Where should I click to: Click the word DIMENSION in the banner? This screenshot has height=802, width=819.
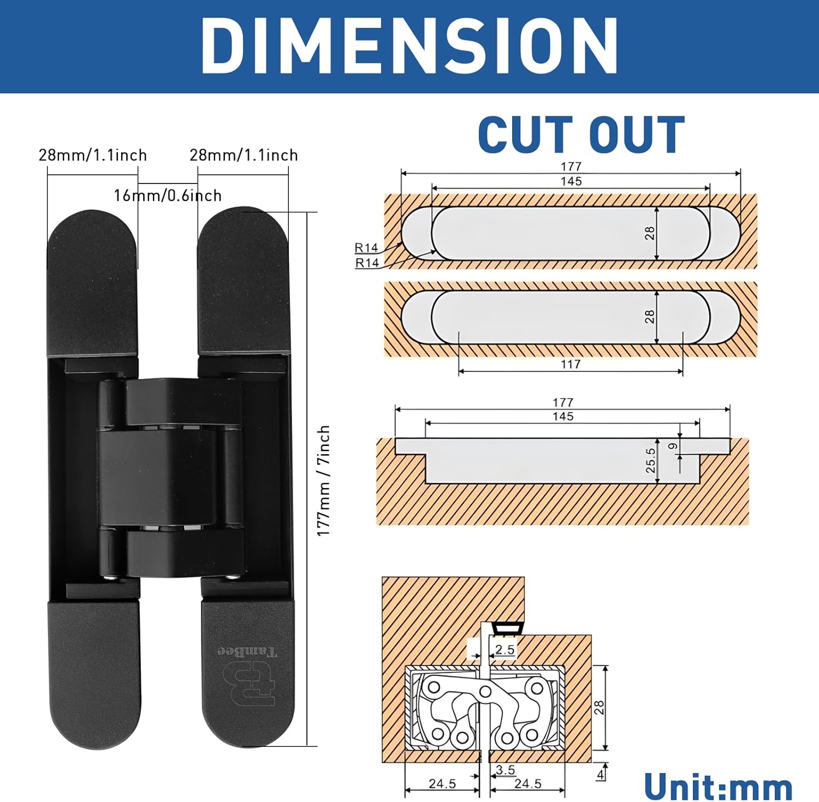tap(410, 46)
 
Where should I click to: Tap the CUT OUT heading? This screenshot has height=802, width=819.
tap(581, 135)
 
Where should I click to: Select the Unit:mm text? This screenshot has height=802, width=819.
tap(718, 787)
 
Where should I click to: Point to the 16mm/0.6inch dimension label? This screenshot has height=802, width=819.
tap(168, 195)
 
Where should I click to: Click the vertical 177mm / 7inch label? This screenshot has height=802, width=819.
tap(324, 480)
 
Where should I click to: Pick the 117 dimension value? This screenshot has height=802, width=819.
tap(571, 364)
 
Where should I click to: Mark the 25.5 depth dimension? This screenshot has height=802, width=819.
tap(650, 460)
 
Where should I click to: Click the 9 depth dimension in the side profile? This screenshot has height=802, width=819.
tap(673, 446)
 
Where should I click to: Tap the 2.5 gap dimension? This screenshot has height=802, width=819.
tap(505, 649)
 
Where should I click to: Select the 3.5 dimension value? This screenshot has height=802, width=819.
tap(505, 770)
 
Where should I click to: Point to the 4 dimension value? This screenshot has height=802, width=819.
tap(601, 774)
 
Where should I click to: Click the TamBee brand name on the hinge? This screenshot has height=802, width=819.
tap(248, 651)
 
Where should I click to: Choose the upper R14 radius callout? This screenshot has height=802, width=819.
tap(366, 248)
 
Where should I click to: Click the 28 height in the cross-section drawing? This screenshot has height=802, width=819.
tap(599, 708)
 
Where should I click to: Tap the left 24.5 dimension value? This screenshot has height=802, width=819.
tap(442, 784)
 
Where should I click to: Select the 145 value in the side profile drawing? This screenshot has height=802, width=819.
tap(563, 417)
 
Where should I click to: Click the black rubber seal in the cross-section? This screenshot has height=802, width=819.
tap(505, 629)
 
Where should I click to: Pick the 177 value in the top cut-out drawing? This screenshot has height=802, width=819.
tap(571, 166)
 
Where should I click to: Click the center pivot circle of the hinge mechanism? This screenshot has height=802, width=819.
tap(484, 692)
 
